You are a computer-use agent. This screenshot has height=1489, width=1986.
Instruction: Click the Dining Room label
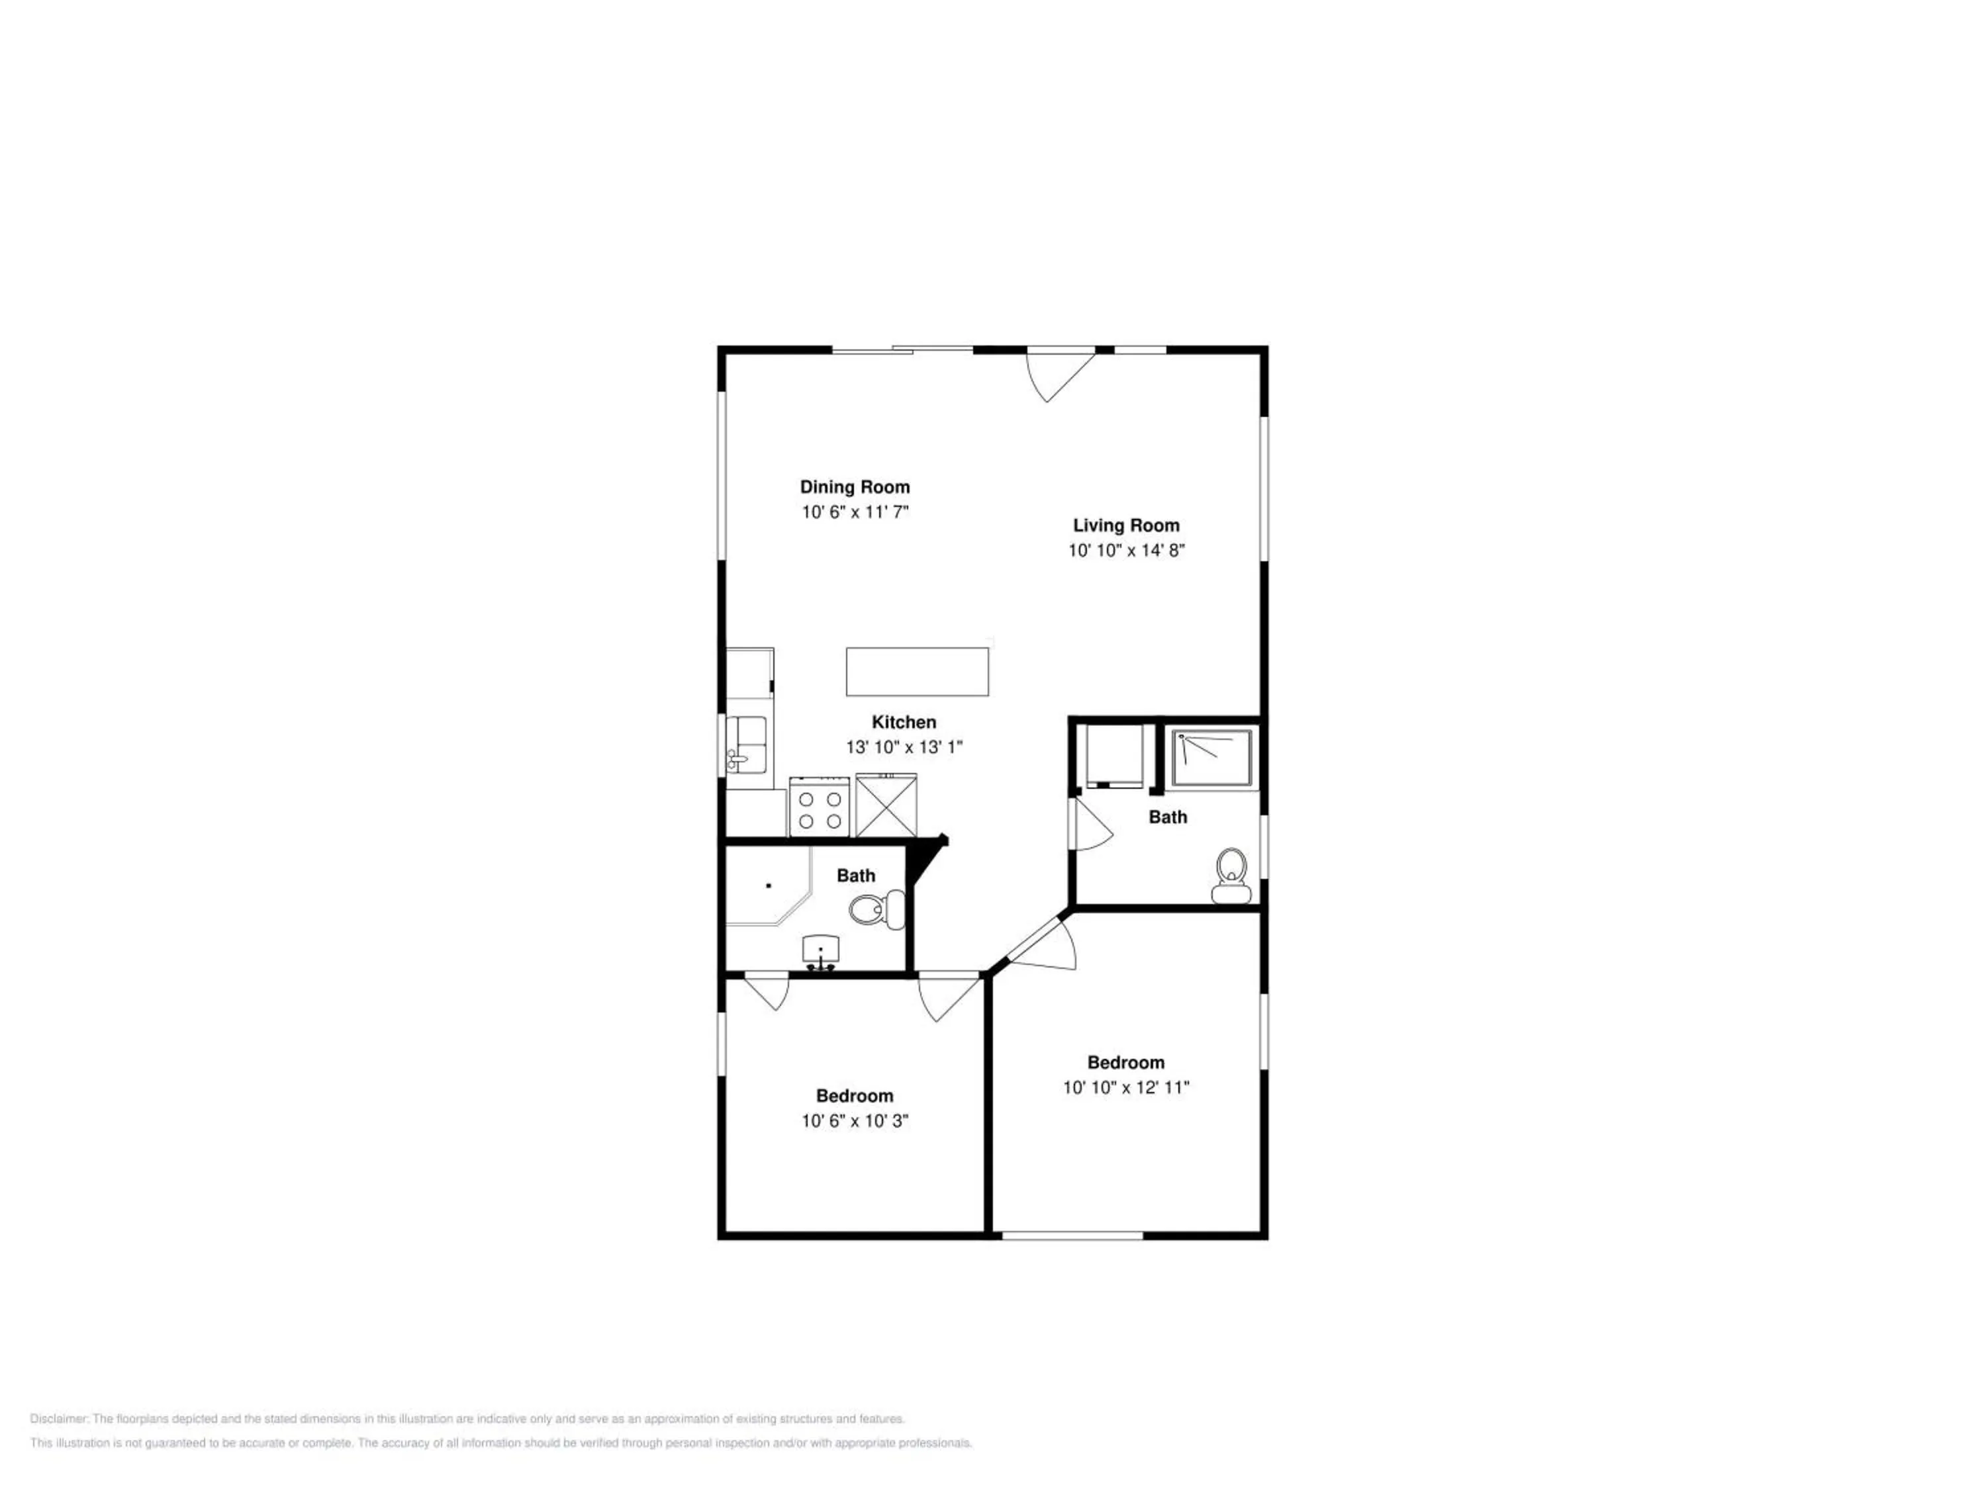click(x=855, y=487)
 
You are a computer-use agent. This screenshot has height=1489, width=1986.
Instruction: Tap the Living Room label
click(x=1126, y=526)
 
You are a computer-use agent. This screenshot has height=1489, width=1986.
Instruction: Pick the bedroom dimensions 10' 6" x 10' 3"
click(x=855, y=1121)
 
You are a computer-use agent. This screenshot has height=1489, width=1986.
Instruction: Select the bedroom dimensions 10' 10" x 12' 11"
click(x=1126, y=1088)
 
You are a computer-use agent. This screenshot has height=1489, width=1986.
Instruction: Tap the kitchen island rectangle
click(x=917, y=671)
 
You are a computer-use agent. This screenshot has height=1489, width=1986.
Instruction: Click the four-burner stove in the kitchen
click(x=819, y=808)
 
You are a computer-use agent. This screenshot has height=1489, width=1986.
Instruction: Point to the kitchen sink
click(x=747, y=745)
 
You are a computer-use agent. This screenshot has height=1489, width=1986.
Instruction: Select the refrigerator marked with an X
click(x=886, y=806)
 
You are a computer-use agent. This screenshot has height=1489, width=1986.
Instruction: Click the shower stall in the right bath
click(x=1212, y=758)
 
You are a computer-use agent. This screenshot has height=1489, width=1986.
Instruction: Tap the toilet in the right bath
click(x=1231, y=876)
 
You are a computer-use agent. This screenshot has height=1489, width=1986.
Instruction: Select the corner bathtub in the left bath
click(x=769, y=886)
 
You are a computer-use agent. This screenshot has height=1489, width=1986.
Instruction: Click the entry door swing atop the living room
click(x=1059, y=376)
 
